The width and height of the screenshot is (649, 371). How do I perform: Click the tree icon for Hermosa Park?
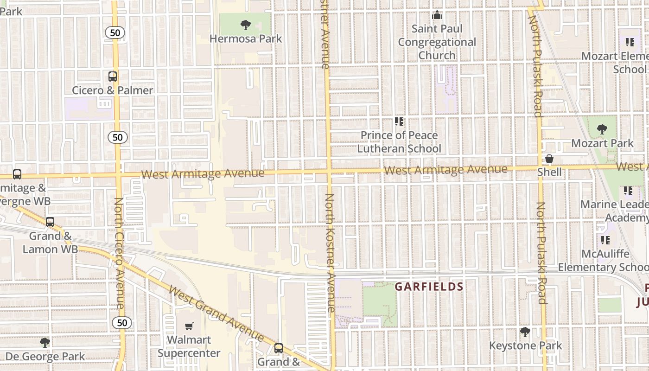pyautogui.click(x=246, y=25)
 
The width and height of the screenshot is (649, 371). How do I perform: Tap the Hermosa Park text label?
pyautogui.click(x=246, y=38)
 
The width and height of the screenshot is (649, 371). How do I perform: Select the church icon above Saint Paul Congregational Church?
pyautogui.click(x=437, y=15)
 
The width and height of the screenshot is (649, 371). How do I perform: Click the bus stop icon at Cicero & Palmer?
pyautogui.click(x=113, y=77)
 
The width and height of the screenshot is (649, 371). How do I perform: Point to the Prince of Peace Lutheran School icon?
pyautogui.click(x=399, y=122)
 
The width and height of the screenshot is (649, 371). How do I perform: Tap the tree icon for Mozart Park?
pyautogui.click(x=602, y=130)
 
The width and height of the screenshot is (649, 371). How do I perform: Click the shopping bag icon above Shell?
pyautogui.click(x=549, y=159)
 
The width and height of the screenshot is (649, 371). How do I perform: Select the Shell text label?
pyautogui.click(x=549, y=172)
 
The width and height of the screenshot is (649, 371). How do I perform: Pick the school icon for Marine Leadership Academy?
pyautogui.click(x=628, y=191)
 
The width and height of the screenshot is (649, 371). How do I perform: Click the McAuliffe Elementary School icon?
pyautogui.click(x=605, y=240)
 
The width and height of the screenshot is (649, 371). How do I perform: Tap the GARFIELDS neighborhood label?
pyautogui.click(x=429, y=287)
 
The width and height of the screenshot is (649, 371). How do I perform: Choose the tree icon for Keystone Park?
pyautogui.click(x=525, y=332)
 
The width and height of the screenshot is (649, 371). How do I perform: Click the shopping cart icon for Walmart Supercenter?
pyautogui.click(x=189, y=326)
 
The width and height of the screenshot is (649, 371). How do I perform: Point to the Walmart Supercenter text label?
pyautogui.click(x=189, y=346)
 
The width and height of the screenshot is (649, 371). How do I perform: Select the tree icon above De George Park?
pyautogui.click(x=45, y=343)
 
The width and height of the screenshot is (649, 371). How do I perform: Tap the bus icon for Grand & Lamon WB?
pyautogui.click(x=50, y=222)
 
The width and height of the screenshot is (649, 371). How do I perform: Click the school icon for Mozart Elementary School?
pyautogui.click(x=630, y=43)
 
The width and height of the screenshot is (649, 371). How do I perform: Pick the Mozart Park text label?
pyautogui.click(x=602, y=143)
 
